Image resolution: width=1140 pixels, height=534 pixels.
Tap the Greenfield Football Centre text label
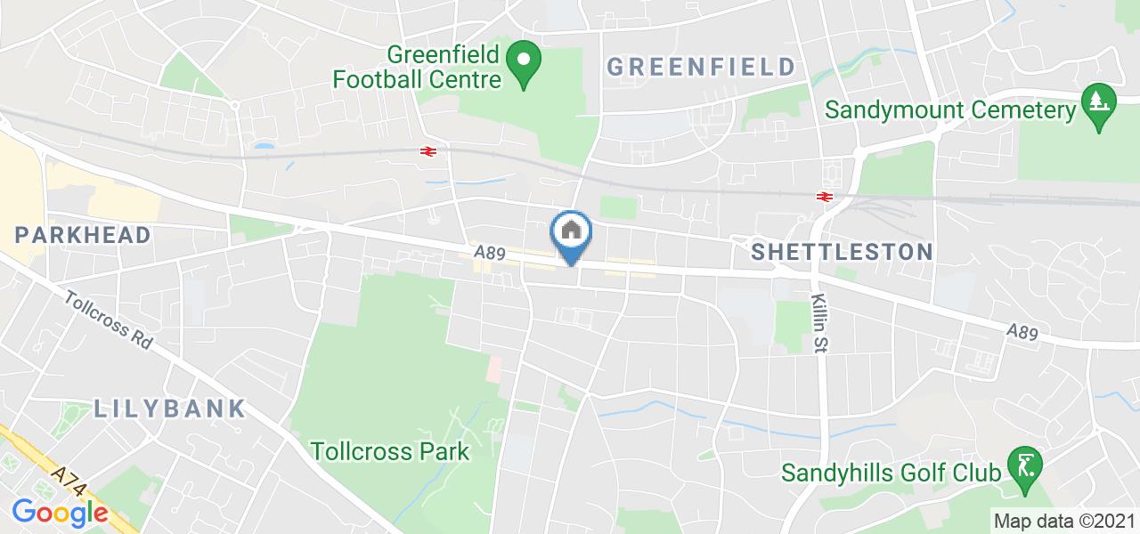(417, 67)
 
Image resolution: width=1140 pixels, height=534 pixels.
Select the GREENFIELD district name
(701, 67)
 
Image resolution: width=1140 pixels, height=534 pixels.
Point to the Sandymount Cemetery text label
(950, 110)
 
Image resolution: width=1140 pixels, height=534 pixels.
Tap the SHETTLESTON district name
(842, 252)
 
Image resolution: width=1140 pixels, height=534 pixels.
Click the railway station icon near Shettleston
(824, 197)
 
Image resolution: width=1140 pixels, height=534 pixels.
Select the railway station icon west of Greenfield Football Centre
(428, 151)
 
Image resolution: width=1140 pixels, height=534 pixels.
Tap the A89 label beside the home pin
(490, 254)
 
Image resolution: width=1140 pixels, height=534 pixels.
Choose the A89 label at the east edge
(1023, 331)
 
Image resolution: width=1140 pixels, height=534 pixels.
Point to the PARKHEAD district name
(83, 235)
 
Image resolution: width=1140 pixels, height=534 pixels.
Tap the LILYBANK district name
(169, 409)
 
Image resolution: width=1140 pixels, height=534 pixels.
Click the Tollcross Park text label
(390, 451)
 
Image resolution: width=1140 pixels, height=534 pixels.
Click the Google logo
(60, 513)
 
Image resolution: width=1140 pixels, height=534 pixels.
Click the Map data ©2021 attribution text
(1064, 521)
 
